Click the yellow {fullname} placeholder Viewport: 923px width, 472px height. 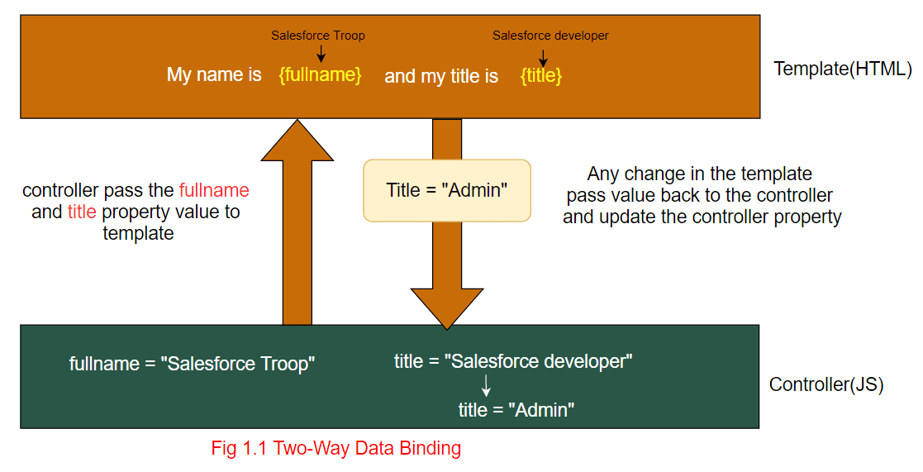coord(320,75)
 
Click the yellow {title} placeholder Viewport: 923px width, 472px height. coord(541,76)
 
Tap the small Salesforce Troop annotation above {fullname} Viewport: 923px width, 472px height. coord(318,36)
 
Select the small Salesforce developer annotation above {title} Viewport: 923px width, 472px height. coord(550,36)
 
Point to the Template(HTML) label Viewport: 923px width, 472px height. coord(842,69)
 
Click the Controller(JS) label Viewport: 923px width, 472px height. coord(826,384)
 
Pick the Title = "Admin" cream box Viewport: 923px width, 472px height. coord(446,190)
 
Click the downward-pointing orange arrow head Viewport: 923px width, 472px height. coord(446,310)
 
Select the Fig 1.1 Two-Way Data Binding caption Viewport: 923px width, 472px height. coord(336,449)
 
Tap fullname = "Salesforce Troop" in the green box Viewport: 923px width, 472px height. coord(193,364)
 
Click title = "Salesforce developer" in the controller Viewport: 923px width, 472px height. coord(513,361)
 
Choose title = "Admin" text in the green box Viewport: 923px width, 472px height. coord(516,410)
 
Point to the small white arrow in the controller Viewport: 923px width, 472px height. coord(486,385)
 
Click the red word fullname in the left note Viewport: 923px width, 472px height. coord(214,190)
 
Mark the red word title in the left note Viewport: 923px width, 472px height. coord(82,212)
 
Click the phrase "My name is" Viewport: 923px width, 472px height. coord(214,75)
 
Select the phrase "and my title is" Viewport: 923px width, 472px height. coord(441,77)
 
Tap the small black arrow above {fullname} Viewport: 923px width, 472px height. coord(321,53)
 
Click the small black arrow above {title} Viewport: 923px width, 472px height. coord(543,57)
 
